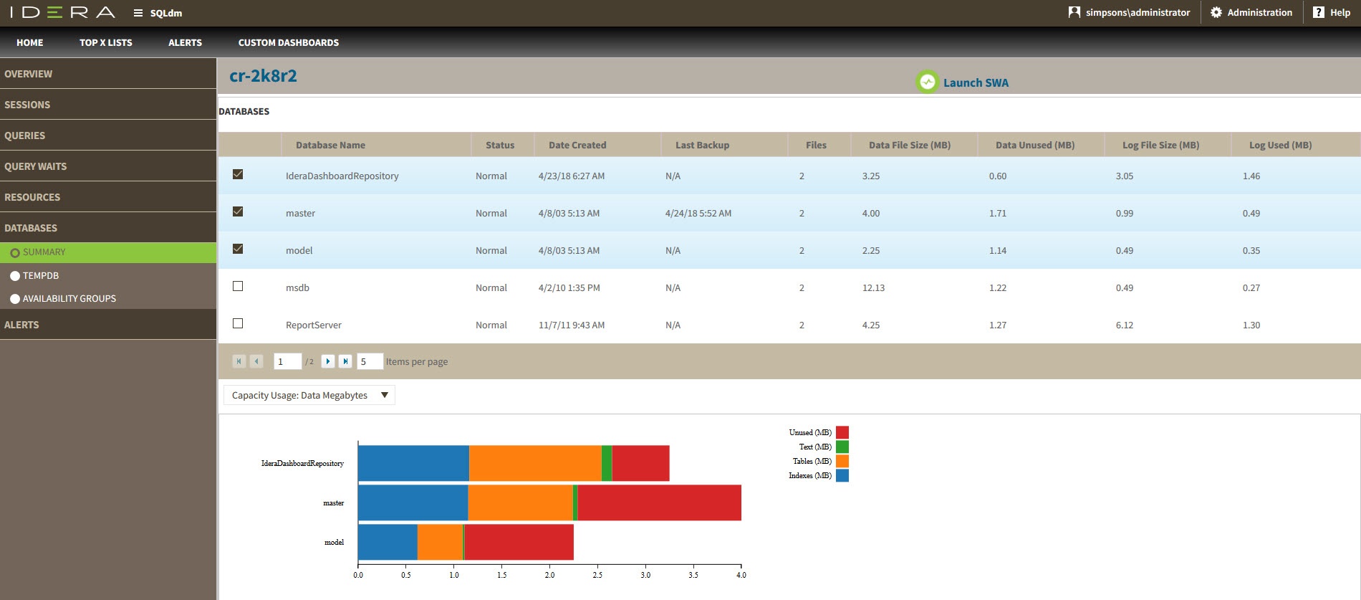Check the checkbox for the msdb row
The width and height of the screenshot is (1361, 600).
pos(238,286)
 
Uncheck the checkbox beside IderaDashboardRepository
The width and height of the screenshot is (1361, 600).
pos(238,174)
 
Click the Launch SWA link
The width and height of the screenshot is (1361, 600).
pos(975,82)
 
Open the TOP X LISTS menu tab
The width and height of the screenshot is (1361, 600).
pos(105,42)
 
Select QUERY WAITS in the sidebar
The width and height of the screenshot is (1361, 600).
pos(36,166)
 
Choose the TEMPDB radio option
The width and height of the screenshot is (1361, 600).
pos(15,276)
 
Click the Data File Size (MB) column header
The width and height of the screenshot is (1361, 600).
pos(909,145)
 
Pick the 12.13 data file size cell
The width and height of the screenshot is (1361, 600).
pos(873,287)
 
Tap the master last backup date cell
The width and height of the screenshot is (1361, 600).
pos(698,213)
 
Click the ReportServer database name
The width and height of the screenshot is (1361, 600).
pos(313,325)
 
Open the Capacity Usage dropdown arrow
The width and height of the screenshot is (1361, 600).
pos(385,395)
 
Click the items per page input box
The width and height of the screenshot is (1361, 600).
pos(370,361)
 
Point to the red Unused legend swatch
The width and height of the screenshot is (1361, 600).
pos(842,432)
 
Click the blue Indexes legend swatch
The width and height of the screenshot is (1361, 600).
pos(842,475)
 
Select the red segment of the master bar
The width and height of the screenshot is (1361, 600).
pos(659,503)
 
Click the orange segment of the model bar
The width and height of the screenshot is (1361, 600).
pos(440,542)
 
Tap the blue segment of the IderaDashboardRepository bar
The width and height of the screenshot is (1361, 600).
pos(413,463)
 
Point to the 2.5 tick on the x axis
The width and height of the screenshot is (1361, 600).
pos(597,574)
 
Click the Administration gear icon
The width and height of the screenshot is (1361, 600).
pos(1216,12)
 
